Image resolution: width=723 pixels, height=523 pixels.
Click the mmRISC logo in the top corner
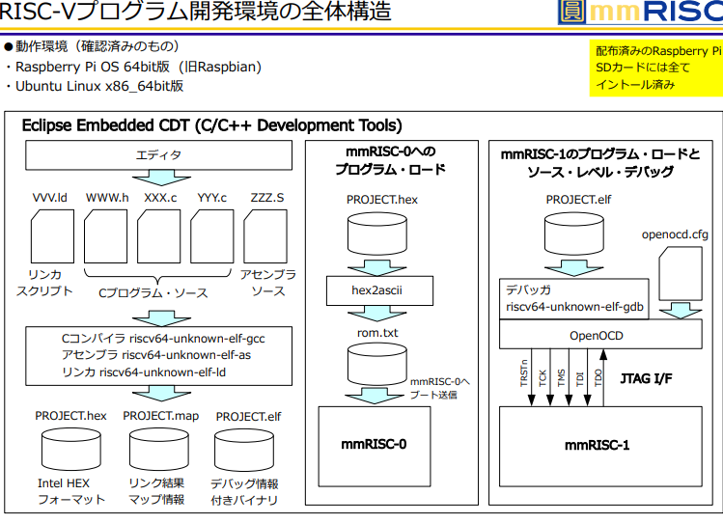point(639,14)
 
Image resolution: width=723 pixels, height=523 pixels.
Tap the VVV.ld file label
point(50,197)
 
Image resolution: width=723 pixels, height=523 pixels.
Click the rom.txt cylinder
point(378,363)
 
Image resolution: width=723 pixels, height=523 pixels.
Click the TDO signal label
point(598,377)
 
